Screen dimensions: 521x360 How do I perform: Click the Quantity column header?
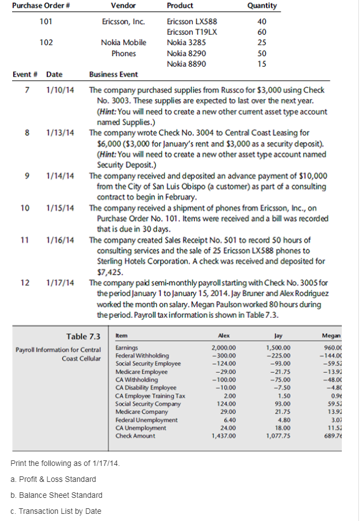(x=262, y=6)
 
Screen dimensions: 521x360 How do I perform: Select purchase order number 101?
(x=47, y=22)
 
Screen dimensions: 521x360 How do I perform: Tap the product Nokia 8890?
(x=186, y=64)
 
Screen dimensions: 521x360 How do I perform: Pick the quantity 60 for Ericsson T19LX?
(x=262, y=32)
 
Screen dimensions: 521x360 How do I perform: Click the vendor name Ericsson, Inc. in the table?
(x=123, y=22)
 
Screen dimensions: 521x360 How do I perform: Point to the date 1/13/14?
(x=61, y=133)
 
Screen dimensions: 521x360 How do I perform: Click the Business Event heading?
(x=113, y=74)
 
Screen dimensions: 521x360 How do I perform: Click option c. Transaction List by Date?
(x=56, y=511)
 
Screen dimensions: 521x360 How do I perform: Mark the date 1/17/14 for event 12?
(x=61, y=283)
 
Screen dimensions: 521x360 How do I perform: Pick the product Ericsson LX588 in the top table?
(x=187, y=22)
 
